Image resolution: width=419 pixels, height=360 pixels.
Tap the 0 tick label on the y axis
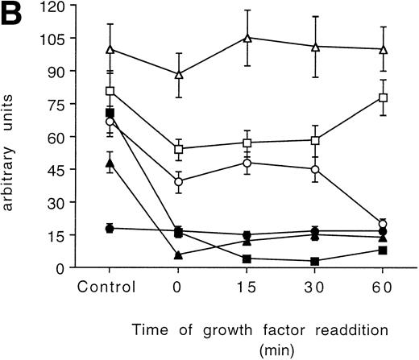pos(59,267)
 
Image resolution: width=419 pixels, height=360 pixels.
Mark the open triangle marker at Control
pos(110,49)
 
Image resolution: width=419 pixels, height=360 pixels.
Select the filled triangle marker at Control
pos(110,163)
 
